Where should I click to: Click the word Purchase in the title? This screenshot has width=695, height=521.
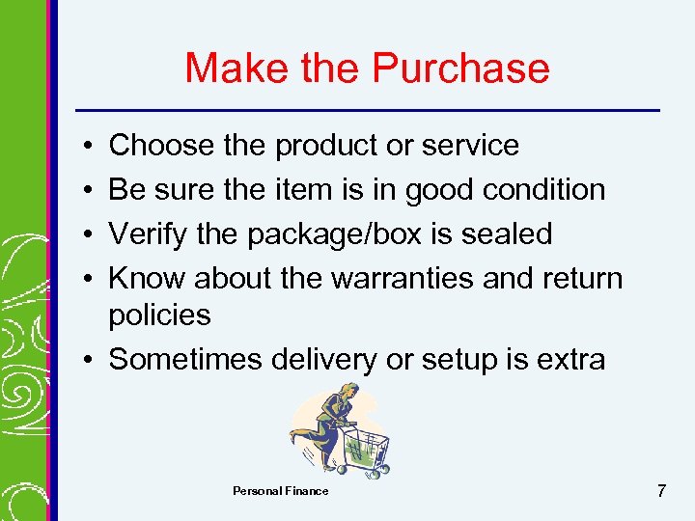click(459, 69)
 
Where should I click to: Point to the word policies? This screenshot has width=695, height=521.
click(159, 315)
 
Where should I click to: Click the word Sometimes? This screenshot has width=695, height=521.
click(185, 359)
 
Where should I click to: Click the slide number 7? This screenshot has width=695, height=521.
click(660, 491)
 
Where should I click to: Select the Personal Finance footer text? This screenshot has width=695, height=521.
click(280, 491)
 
